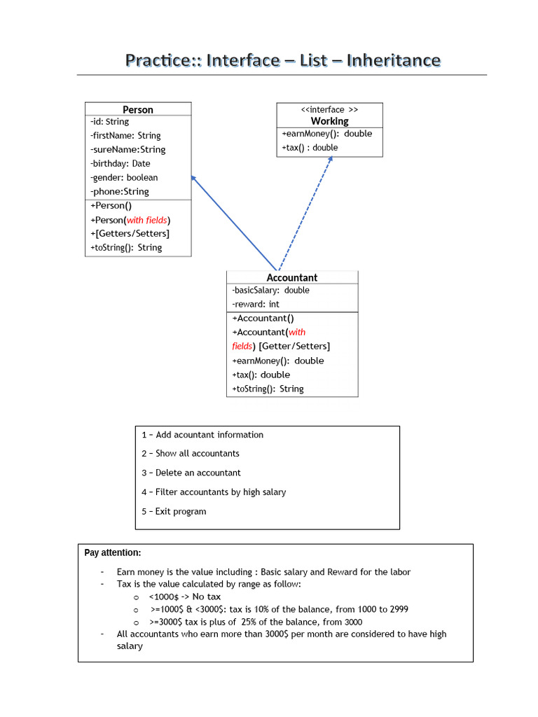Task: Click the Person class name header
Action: pos(137,109)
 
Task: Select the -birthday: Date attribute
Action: pos(120,163)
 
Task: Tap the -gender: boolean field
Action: pos(124,177)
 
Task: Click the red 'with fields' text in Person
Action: pos(146,220)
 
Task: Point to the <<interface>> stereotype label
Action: pos(329,109)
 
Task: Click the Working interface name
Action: pos(329,121)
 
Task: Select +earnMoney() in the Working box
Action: pos(326,134)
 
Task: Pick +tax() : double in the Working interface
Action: pos(310,148)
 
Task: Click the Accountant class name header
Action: pos(291,277)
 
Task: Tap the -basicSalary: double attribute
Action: pos(270,291)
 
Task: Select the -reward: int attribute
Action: pos(255,305)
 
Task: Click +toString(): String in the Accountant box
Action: pos(268,389)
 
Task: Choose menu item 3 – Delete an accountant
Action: pos(191,473)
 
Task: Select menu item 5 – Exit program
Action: pos(174,511)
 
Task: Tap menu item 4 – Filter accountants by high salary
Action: pos(214,492)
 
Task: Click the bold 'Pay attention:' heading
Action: pos(112,552)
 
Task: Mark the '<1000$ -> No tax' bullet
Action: pos(184,597)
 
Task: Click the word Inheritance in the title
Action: pos(394,60)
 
